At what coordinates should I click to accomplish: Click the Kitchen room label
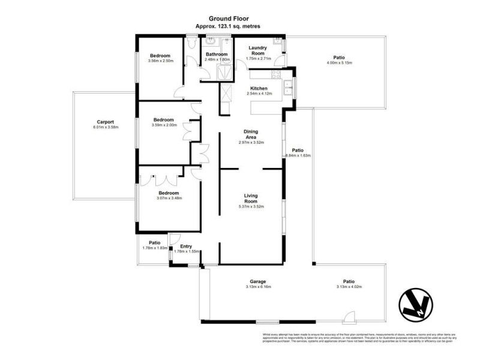coord(259,88)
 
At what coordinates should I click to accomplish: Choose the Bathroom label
coord(217,55)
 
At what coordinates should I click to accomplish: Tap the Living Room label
coord(251,198)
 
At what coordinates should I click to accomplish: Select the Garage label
coord(259,281)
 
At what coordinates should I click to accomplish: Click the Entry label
coord(186,247)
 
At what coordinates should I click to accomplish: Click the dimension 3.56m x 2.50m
coord(160,60)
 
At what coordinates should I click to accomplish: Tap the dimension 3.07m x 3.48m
coord(169,198)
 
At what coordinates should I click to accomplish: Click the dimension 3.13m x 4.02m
coord(349,287)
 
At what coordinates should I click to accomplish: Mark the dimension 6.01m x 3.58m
coord(106,127)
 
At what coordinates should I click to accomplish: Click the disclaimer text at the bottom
coord(359,338)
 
